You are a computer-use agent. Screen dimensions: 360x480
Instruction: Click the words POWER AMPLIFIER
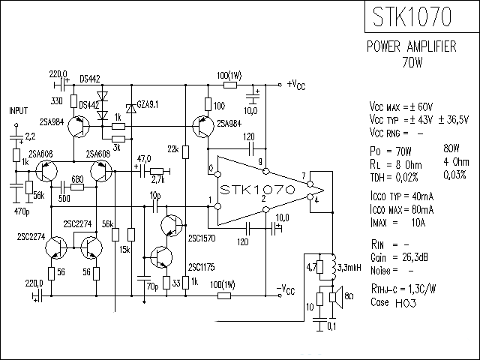pyautogui.click(x=411, y=46)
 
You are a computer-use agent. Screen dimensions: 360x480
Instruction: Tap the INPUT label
pyautogui.click(x=18, y=110)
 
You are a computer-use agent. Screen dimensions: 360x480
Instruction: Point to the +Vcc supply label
pyautogui.click(x=295, y=84)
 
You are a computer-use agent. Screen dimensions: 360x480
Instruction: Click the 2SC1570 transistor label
pyautogui.click(x=201, y=238)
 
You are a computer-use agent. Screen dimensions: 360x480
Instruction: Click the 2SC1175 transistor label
pyautogui.click(x=201, y=267)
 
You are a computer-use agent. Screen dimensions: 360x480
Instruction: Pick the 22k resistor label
pyautogui.click(x=172, y=151)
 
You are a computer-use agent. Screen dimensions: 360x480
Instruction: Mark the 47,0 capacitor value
pyautogui.click(x=143, y=159)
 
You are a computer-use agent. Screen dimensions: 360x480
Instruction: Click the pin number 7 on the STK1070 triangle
pyautogui.click(x=304, y=176)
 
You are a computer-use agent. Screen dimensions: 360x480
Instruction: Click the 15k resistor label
pyautogui.click(x=124, y=249)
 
